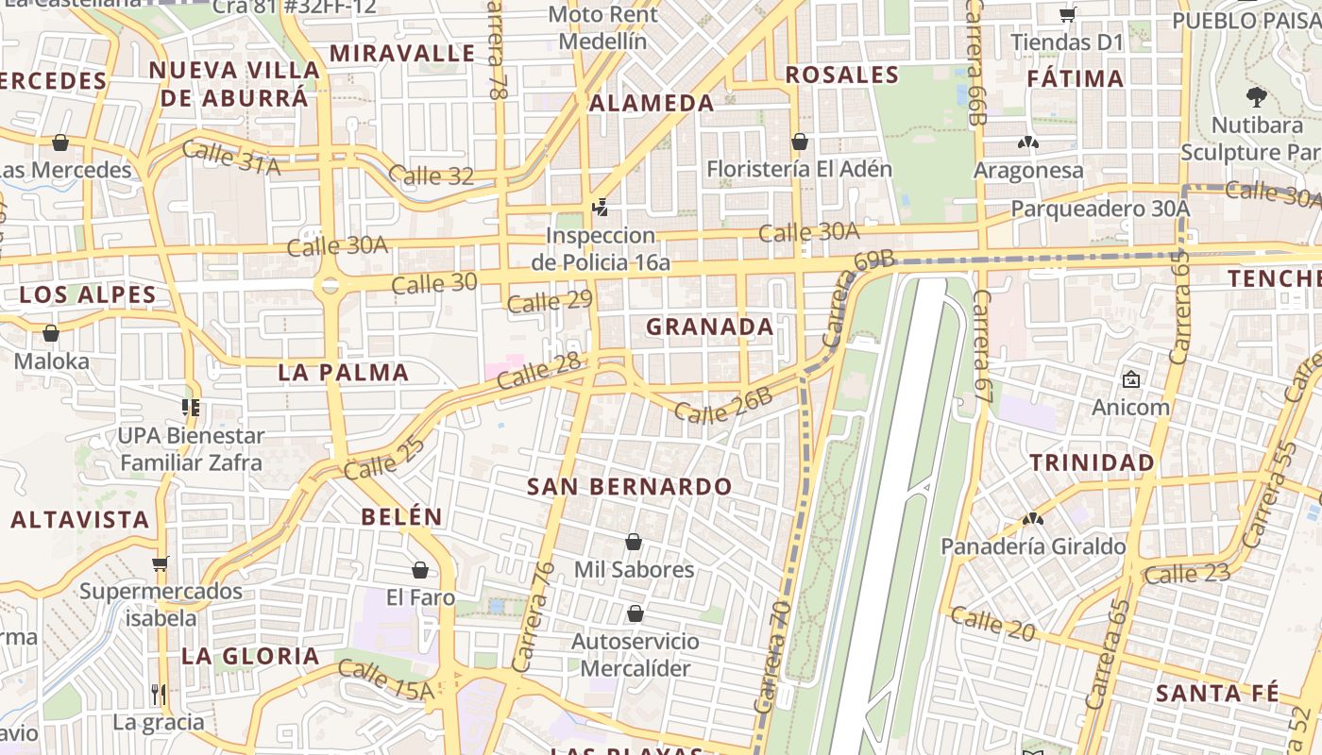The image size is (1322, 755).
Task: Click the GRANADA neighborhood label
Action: pyautogui.click(x=710, y=327)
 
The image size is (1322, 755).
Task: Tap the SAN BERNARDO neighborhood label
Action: pyautogui.click(x=629, y=487)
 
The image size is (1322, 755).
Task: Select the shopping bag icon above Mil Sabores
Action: pyautogui.click(x=634, y=542)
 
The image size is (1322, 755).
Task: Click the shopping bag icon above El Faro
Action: pyautogui.click(x=420, y=570)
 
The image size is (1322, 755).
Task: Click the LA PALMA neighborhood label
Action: pyautogui.click(x=344, y=373)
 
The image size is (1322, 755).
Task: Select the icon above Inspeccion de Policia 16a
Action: pyautogui.click(x=599, y=207)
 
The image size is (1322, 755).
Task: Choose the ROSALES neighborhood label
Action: pyautogui.click(x=842, y=75)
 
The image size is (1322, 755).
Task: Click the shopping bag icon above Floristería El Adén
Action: pyautogui.click(x=800, y=142)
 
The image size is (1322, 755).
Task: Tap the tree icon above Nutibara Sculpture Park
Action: pyautogui.click(x=1256, y=95)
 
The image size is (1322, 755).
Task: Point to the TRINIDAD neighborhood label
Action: pyautogui.click(x=1092, y=463)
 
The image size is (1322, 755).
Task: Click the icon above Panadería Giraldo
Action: pyautogui.click(x=1033, y=518)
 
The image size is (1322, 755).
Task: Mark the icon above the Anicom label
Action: pyautogui.click(x=1130, y=379)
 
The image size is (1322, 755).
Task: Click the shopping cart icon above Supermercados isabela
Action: pyautogui.click(x=160, y=563)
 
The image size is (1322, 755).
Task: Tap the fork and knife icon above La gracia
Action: pyautogui.click(x=159, y=695)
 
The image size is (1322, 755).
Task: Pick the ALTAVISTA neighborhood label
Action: pyautogui.click(x=80, y=520)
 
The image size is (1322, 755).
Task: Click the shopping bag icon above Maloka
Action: pyautogui.click(x=51, y=333)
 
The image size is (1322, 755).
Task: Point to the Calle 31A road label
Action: pyautogui.click(x=231, y=158)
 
